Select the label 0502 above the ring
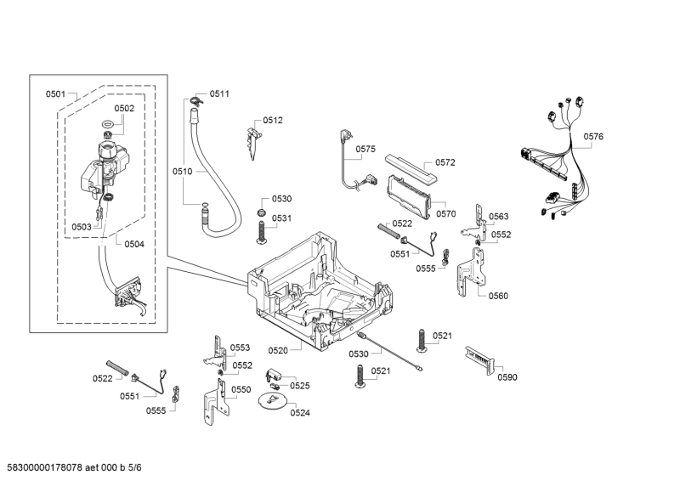[x=124, y=108]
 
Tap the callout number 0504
[x=133, y=244]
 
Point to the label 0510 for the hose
[x=183, y=171]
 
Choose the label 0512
[x=273, y=120]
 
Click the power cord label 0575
[x=365, y=149]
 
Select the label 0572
[x=445, y=162]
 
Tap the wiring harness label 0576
[x=593, y=137]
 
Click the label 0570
[x=445, y=214]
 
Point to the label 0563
[x=499, y=216]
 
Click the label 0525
[x=299, y=385]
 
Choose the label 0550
[x=241, y=389]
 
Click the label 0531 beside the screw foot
[x=281, y=218]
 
